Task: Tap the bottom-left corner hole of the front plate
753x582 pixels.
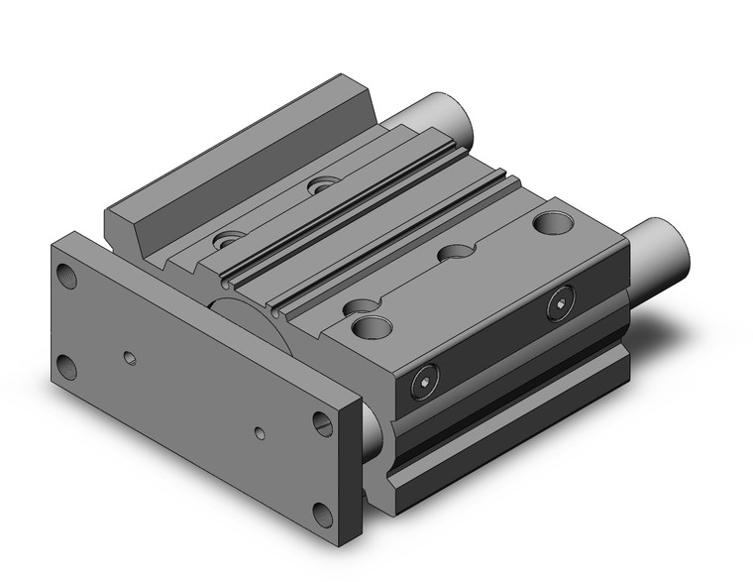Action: tap(68, 367)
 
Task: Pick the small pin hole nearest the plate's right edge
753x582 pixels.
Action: tap(259, 433)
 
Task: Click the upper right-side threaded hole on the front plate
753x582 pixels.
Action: tap(324, 421)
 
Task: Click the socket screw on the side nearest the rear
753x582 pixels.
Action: tap(565, 300)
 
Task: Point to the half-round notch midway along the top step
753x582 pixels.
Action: tap(457, 254)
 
